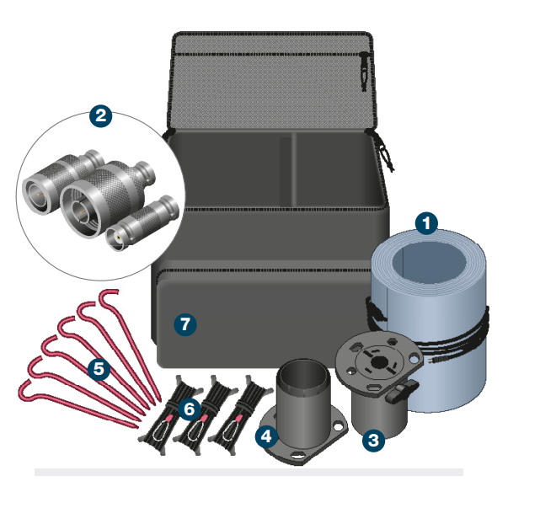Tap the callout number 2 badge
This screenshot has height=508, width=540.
point(101,116)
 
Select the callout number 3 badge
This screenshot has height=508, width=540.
point(372,439)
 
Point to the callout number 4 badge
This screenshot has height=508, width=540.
point(267,436)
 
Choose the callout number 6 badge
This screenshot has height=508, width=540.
point(190,409)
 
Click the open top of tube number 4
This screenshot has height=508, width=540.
point(301,372)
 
